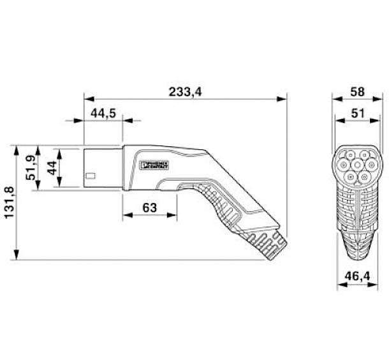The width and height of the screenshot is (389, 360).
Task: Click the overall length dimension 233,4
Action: [x=185, y=92]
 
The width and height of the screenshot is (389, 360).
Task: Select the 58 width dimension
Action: [x=357, y=92]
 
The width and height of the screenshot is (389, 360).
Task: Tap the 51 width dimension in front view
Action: [x=357, y=113]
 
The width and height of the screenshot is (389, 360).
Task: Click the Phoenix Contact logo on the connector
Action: [x=155, y=165]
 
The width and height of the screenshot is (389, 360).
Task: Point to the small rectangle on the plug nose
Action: [x=91, y=176]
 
